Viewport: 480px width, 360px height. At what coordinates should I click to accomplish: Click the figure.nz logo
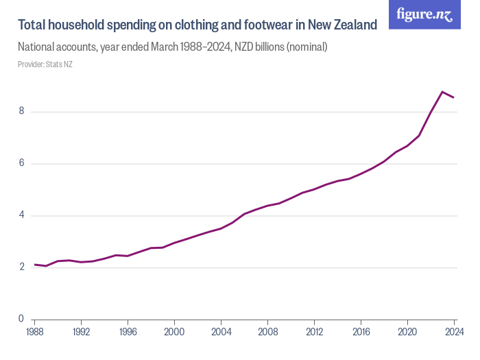(x=424, y=14)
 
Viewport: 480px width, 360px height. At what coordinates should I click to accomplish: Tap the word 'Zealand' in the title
(x=355, y=25)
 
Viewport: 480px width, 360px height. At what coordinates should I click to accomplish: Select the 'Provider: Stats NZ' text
(x=45, y=64)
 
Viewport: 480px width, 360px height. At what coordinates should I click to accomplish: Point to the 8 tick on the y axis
(x=21, y=111)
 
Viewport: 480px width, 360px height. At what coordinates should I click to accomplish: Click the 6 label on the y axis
(x=21, y=163)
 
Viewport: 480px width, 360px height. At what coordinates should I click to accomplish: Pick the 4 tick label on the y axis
(x=21, y=215)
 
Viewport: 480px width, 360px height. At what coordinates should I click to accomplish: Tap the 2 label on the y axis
(x=21, y=267)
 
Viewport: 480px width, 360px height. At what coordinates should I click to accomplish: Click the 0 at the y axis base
(x=21, y=319)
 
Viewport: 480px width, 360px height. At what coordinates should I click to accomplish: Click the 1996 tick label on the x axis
(x=128, y=333)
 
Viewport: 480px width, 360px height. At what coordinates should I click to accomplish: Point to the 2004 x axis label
(x=221, y=333)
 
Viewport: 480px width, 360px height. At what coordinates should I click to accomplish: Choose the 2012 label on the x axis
(x=314, y=333)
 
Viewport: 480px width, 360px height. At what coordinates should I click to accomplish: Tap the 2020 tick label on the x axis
(x=407, y=333)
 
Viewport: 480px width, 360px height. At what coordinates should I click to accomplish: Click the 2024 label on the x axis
(x=453, y=333)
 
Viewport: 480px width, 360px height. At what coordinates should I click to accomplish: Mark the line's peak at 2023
(x=442, y=91)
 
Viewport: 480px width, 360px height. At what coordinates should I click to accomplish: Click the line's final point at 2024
(x=454, y=97)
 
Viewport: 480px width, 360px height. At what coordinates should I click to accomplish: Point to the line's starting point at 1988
(x=34, y=264)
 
